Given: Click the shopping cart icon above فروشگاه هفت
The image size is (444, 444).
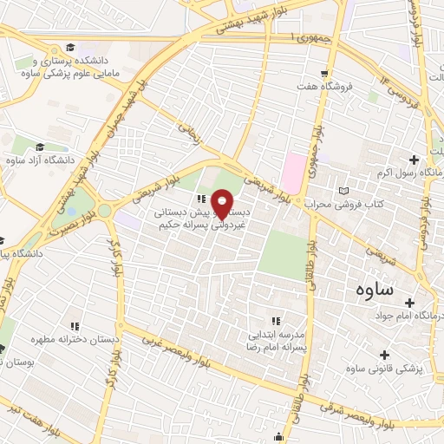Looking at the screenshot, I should coord(324,74).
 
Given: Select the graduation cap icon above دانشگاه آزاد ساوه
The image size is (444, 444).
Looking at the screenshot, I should coord(41,147).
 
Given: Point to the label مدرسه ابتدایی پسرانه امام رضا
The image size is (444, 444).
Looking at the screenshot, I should coord(276,340).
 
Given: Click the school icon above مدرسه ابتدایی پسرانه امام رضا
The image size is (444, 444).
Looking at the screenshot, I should coord(277,321).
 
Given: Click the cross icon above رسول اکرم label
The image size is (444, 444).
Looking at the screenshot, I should coord(414,160).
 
